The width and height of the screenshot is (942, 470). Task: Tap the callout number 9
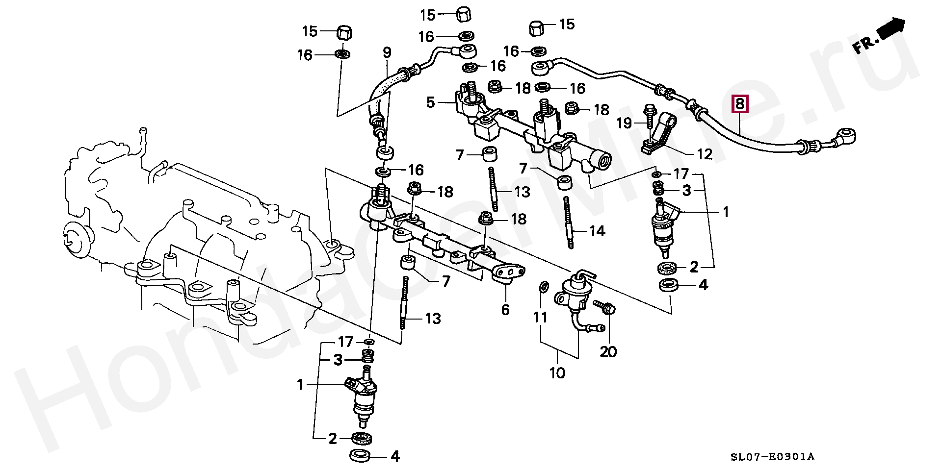point(387,52)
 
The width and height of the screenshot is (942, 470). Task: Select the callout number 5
point(430,102)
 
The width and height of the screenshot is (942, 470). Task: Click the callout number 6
point(505,310)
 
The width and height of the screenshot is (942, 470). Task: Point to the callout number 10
point(557,373)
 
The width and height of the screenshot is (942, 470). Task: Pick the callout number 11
point(540,318)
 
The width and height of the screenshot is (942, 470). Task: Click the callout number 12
point(705,154)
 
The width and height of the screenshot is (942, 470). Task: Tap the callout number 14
point(597,231)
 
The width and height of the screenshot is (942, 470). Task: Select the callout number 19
point(624,123)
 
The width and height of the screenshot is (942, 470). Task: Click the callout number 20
point(608,351)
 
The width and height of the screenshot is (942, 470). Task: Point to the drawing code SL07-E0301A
point(772,457)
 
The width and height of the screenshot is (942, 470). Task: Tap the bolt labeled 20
point(605,307)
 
